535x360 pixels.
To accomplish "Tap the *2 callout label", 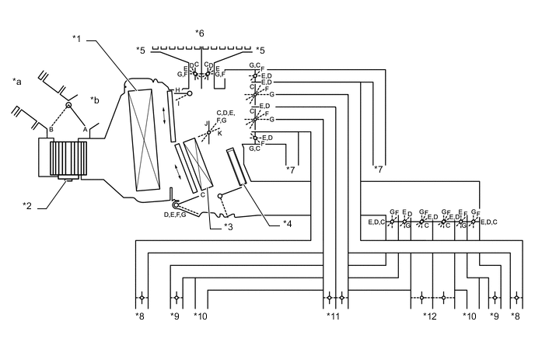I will (28, 204).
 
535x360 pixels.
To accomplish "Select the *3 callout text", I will (229, 226).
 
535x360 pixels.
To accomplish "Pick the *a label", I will (17, 80).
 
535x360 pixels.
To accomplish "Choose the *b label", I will (95, 100).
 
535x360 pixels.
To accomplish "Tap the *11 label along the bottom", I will (334, 316).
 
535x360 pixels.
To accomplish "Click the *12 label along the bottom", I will (430, 316).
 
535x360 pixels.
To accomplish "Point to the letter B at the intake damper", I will (51, 129).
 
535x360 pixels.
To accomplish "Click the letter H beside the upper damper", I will (177, 91).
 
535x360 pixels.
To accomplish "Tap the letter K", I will (219, 133).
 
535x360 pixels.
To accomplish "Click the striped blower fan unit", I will (66, 159).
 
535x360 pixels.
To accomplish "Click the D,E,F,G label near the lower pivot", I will (175, 214).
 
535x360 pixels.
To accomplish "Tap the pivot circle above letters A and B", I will (68, 106).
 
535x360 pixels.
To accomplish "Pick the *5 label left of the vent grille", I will (141, 50).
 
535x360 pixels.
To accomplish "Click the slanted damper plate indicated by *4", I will (237, 168).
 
